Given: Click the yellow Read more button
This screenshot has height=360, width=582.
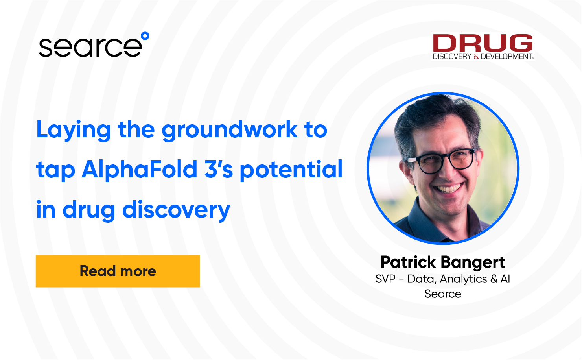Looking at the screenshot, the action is click(118, 271).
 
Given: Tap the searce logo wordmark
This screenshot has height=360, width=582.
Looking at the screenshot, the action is click(90, 47).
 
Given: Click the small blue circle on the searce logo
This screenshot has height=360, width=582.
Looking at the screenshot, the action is click(145, 36).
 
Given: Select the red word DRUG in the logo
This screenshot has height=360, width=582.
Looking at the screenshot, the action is click(483, 43).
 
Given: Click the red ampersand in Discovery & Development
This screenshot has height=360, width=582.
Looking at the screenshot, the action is click(476, 56).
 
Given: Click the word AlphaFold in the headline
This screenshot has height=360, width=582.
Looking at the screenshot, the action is click(140, 170).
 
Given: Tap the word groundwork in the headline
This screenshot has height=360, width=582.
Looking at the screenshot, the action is click(230, 130).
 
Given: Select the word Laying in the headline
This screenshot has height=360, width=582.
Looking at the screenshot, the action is click(74, 130).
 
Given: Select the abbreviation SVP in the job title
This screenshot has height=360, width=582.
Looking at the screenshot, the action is click(385, 279).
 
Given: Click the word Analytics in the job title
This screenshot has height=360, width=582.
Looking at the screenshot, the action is click(463, 279).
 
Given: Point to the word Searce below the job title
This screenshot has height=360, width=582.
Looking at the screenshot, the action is click(443, 294).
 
